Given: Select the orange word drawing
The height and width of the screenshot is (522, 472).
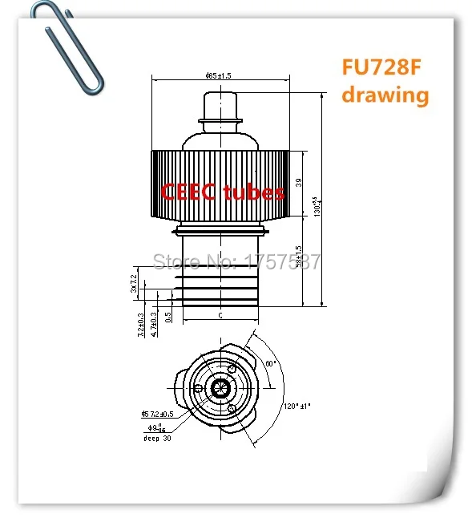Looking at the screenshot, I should click(385, 95).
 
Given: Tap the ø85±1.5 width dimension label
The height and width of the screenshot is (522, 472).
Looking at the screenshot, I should click(220, 76).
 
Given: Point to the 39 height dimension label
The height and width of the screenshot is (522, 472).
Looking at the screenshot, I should click(298, 183).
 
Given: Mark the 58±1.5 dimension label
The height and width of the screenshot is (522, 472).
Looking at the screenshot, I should click(298, 259).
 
